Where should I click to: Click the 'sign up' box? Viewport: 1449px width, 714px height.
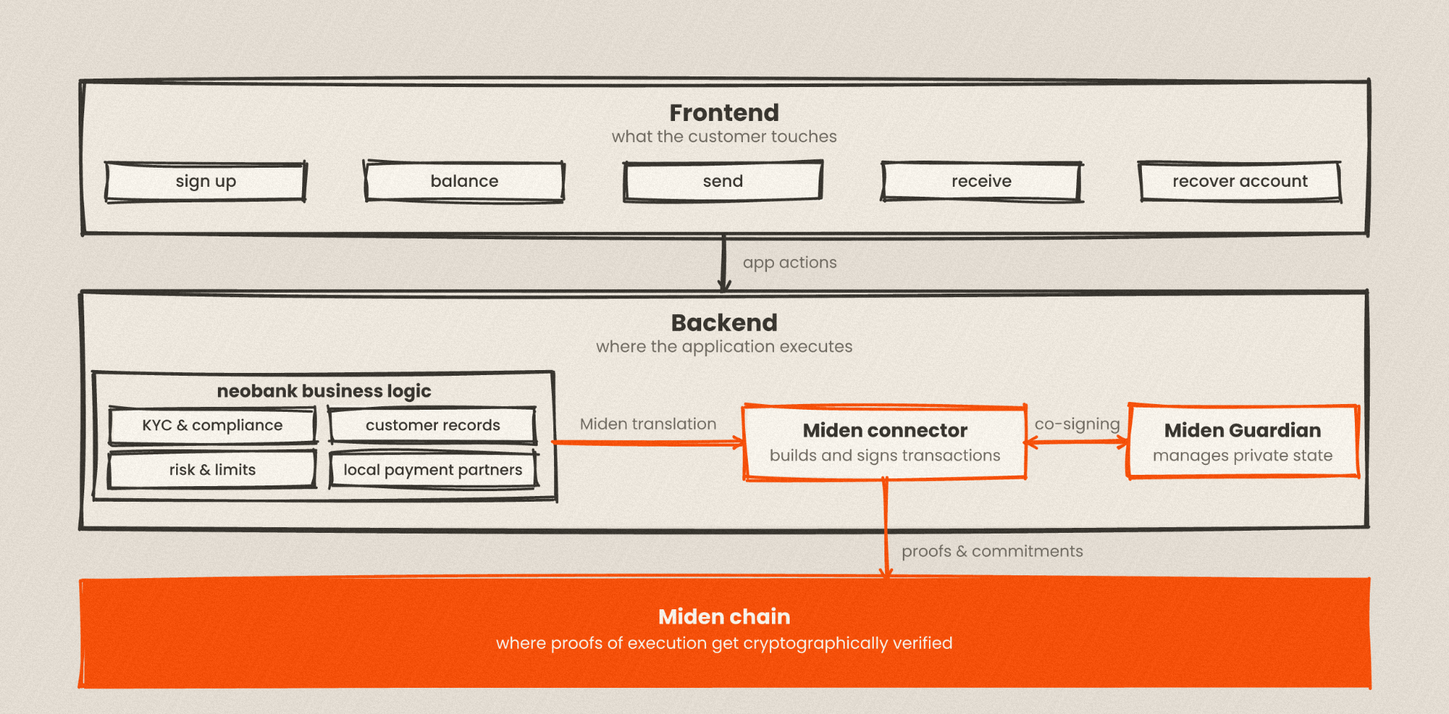tap(206, 182)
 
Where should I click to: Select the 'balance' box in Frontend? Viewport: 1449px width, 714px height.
tap(464, 182)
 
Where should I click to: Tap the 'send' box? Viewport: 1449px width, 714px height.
tap(723, 182)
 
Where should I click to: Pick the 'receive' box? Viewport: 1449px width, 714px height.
tap(981, 182)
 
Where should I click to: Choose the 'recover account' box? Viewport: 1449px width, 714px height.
tap(1240, 182)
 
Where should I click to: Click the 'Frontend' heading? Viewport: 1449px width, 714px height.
tap(724, 113)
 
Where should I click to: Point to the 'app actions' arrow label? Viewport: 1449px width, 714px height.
tap(790, 263)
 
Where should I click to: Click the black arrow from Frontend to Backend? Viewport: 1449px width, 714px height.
tap(724, 263)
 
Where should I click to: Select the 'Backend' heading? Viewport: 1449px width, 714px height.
tap(724, 323)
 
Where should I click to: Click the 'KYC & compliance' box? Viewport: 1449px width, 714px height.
tap(212, 425)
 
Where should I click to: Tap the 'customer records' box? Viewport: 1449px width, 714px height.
tap(432, 425)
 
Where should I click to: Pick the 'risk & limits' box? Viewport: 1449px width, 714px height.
tap(212, 470)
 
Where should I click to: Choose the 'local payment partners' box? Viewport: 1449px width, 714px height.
tap(433, 470)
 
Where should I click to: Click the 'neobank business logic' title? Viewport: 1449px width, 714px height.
tap(324, 391)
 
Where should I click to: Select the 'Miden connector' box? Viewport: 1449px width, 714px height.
tap(885, 442)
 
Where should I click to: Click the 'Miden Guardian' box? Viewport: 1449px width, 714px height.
tap(1243, 442)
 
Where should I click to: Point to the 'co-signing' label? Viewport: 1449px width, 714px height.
tap(1078, 425)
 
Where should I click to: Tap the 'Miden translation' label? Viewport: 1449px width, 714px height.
tap(648, 424)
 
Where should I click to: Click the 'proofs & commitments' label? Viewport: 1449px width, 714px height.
tap(992, 551)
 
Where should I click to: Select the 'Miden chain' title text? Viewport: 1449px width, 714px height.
tap(724, 616)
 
